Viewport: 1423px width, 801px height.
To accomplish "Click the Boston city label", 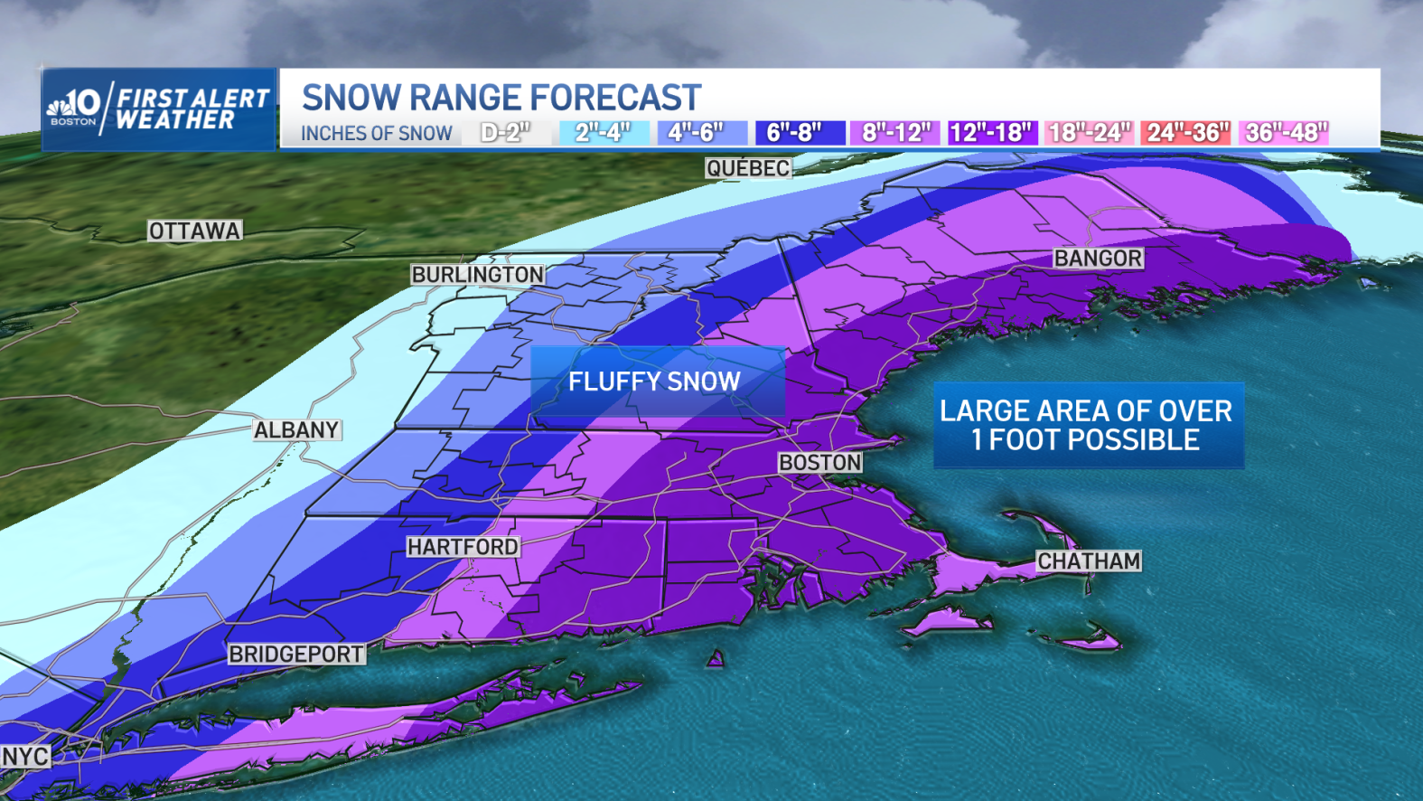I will pos(820,463).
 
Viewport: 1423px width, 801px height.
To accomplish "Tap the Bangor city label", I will pos(1098,259).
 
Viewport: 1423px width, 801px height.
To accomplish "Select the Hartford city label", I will pos(463,547).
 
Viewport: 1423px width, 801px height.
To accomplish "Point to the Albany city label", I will pos(296,430).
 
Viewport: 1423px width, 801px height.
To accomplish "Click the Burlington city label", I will pos(477,275).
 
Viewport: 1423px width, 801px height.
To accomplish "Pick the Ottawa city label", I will pos(195,231).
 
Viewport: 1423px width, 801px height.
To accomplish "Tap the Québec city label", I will pos(748,168).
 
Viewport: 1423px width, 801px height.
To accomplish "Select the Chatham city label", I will pos(1088,561).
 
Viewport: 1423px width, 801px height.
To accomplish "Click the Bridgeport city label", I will pos(296,654).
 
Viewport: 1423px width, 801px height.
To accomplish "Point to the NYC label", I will pos(25,756).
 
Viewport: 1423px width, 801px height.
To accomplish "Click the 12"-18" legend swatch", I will pos(990,133).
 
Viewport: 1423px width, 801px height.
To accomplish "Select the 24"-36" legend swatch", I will pos(1185,133).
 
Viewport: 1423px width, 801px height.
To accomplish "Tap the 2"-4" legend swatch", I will pos(604,133).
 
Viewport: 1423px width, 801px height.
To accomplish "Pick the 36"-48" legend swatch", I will pos(1285,133).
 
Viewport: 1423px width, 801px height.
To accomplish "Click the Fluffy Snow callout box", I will pos(656,382).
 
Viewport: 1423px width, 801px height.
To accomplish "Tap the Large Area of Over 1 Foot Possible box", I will pos(1088,425).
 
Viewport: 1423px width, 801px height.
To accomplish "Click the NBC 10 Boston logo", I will pos(75,108).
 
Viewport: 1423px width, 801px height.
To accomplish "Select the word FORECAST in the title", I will pos(615,98).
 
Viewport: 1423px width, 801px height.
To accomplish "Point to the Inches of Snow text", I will pos(376,134).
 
